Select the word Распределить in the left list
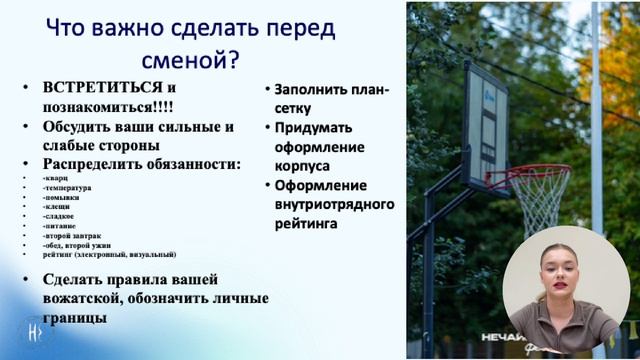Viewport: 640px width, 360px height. click(93, 164)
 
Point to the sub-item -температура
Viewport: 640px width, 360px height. click(67, 188)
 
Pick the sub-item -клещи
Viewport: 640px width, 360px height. click(57, 207)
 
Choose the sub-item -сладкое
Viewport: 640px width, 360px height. click(59, 216)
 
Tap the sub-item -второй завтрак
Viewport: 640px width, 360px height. click(72, 235)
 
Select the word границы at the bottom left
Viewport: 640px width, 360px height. click(75, 317)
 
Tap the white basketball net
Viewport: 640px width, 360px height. click(539, 200)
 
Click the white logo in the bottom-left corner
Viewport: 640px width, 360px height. click(34, 331)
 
